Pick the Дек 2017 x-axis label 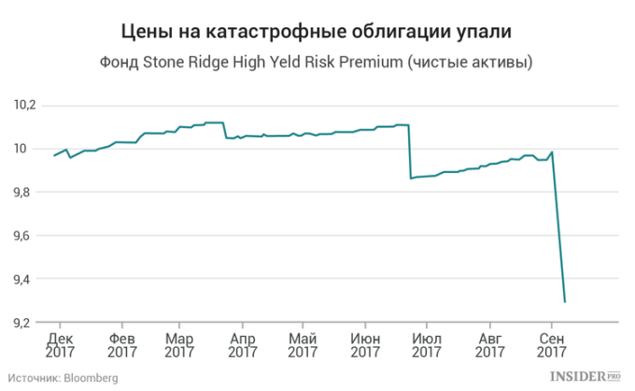pos(60,345)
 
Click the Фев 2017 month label pos(122,345)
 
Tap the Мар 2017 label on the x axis pos(179,345)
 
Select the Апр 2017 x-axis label pos(242,345)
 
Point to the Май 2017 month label pos(303,345)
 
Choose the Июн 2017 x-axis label pos(366,345)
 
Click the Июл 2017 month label pos(427,345)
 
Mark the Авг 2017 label pos(489,345)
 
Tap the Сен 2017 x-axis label pos(553,345)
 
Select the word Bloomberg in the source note pos(91,377)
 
